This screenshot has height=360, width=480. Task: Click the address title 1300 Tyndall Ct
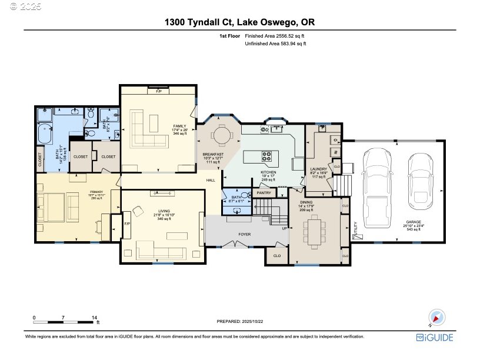(239, 22)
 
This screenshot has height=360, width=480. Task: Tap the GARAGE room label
(411, 225)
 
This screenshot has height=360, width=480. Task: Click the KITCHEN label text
(268, 173)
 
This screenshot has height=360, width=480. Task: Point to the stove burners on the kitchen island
(267, 156)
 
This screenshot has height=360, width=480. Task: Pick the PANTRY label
(264, 192)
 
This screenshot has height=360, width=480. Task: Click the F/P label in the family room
(158, 92)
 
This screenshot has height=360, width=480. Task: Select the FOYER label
(245, 234)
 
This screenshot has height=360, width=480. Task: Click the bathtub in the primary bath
(44, 135)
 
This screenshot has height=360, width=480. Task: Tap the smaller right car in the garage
(420, 177)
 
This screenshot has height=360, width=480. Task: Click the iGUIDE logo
(435, 337)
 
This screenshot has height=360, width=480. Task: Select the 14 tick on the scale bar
(94, 318)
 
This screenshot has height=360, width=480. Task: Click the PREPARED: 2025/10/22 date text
(240, 321)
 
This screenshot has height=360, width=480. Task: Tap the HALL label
(211, 181)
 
